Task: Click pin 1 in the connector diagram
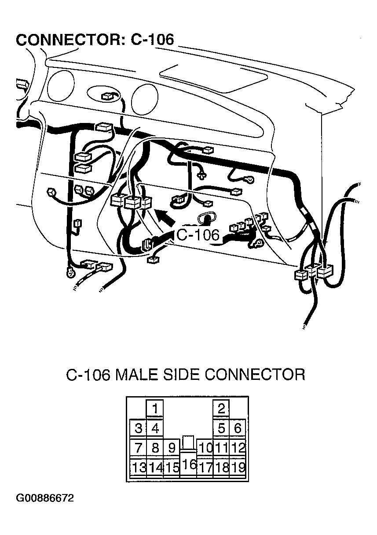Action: (155, 409)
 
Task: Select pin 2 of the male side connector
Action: (221, 409)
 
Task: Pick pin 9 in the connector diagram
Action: (172, 448)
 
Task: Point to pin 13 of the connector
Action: (138, 468)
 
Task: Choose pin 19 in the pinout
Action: (238, 468)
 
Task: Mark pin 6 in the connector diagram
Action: (238, 428)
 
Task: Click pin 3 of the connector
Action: (138, 428)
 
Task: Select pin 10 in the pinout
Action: (205, 448)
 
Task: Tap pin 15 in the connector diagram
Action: (172, 468)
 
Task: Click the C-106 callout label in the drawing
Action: (198, 235)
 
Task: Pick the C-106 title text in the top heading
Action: (152, 39)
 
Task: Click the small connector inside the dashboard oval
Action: (107, 96)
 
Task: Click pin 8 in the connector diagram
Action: (155, 448)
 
